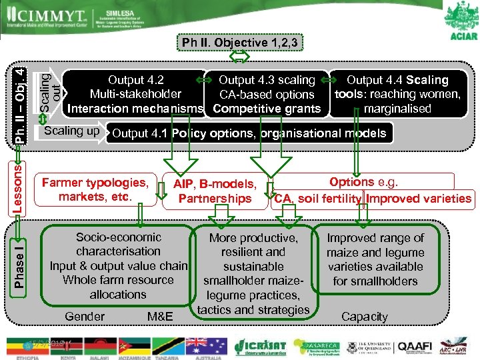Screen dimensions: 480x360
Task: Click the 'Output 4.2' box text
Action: [136, 94]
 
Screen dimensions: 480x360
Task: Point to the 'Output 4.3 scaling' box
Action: [267, 94]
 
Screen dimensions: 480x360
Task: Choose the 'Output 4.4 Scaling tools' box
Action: [398, 94]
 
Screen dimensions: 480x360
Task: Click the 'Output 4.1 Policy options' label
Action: [249, 133]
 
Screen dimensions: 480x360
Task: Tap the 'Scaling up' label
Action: [71, 131]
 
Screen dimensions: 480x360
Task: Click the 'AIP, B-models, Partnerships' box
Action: [215, 191]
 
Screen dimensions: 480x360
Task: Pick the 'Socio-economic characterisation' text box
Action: [119, 265]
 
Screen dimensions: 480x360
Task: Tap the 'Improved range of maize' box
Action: [375, 259]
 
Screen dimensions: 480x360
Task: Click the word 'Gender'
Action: [85, 317]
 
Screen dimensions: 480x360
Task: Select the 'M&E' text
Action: [160, 317]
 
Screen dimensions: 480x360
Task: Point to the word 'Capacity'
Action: [364, 317]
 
